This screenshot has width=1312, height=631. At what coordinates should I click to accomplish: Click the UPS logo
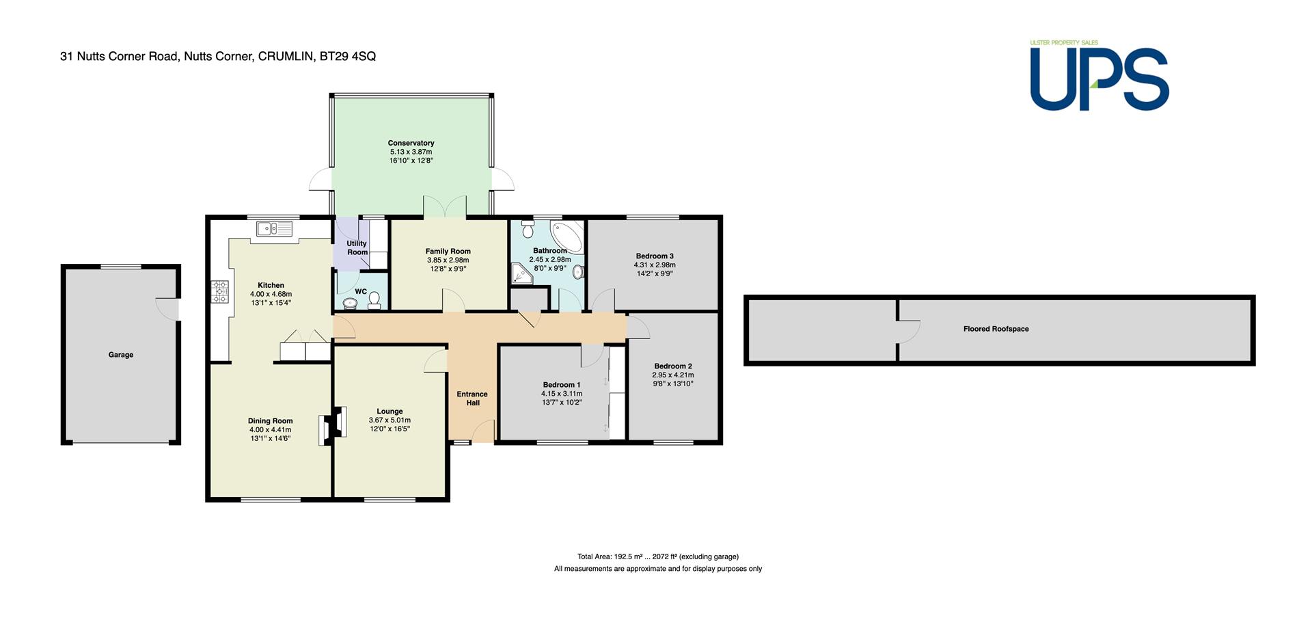[1099, 76]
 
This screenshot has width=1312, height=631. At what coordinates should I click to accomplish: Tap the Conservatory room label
[411, 143]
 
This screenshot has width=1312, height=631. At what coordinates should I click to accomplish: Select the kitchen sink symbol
[274, 228]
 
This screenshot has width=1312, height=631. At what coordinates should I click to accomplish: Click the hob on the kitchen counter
[220, 293]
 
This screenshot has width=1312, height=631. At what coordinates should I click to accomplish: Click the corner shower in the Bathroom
[521, 274]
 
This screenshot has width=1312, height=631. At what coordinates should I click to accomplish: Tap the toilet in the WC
[374, 302]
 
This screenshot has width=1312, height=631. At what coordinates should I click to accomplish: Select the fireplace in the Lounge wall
[332, 425]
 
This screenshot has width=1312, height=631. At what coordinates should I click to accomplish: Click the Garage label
[121, 355]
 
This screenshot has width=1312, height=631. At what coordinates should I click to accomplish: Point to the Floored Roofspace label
[996, 329]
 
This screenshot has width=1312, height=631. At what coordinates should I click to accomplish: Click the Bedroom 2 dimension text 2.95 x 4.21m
[673, 375]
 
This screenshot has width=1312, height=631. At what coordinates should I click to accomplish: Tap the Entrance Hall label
[472, 398]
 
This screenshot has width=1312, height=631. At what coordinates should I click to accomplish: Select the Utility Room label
[357, 247]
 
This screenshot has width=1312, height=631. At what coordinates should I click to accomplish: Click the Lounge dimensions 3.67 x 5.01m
[389, 420]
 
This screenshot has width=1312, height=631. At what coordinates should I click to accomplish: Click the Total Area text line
[658, 556]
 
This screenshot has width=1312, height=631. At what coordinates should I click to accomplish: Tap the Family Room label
[448, 251]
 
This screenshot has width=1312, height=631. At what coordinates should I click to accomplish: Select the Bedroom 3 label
[655, 256]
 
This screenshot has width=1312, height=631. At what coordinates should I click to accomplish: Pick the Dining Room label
[271, 421]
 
